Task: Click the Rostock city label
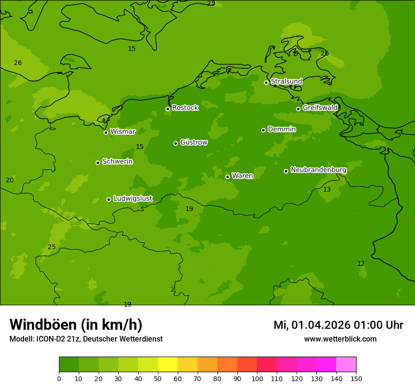[x=185, y=108]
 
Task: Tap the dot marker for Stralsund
[x=266, y=82]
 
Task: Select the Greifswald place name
[x=320, y=108]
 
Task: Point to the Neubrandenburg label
[x=318, y=170]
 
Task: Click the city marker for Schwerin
[x=98, y=163]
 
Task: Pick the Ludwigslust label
[x=133, y=199]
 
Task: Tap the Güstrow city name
[x=193, y=142]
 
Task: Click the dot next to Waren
[x=227, y=177]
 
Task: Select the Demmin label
[x=282, y=129]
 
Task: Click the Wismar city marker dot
[x=106, y=132]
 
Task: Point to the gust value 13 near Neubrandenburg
[x=327, y=189]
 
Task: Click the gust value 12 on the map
[x=361, y=263]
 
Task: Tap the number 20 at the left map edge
[x=10, y=180]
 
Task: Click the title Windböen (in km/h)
[x=76, y=325]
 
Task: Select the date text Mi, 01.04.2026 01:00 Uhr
[x=338, y=325]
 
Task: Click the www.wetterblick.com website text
[x=340, y=339]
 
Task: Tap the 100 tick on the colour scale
[x=257, y=378]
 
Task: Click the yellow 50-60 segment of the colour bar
[x=168, y=365]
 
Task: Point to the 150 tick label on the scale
[x=356, y=378]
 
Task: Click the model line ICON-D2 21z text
[x=86, y=339]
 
